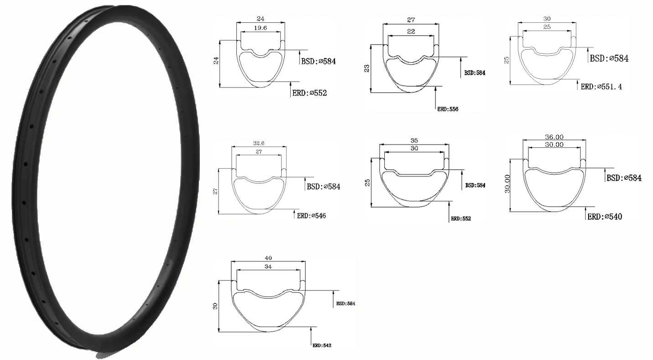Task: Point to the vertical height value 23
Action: click(367, 68)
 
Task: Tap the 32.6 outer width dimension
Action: click(259, 142)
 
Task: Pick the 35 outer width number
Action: click(413, 141)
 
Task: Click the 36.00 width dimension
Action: click(554, 136)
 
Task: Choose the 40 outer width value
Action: click(267, 258)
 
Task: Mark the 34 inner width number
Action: click(267, 267)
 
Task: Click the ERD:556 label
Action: click(448, 110)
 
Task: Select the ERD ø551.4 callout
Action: click(601, 87)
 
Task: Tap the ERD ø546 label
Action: click(312, 216)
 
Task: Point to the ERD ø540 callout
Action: click(604, 217)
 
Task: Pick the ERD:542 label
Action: click(322, 345)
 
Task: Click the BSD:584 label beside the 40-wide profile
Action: click(345, 303)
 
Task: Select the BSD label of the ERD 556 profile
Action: click(475, 73)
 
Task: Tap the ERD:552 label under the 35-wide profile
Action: click(461, 219)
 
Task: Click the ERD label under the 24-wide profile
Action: click(309, 93)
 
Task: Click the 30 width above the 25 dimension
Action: click(547, 19)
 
